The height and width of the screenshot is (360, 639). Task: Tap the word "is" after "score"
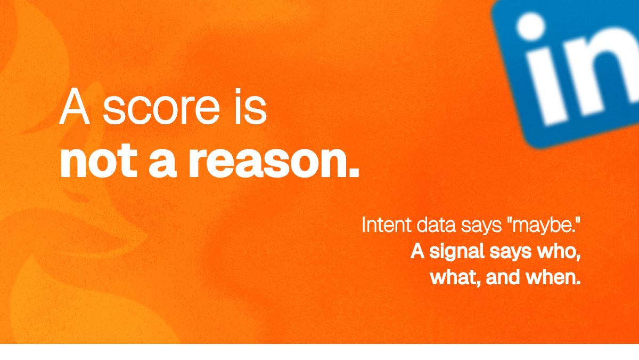[x=251, y=106]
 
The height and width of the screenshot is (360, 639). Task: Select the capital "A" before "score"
[x=75, y=106]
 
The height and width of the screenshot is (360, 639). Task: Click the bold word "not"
[x=99, y=161]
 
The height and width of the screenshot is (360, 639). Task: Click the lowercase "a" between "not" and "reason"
[x=162, y=163]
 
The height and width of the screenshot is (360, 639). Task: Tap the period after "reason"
[x=353, y=172]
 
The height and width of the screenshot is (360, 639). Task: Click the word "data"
[x=436, y=225]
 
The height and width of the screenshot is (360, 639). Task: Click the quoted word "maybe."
[x=544, y=226]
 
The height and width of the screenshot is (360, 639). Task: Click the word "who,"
[x=559, y=252]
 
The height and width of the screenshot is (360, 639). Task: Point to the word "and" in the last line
[x=503, y=277]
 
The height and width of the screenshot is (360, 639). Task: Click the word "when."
[x=553, y=277]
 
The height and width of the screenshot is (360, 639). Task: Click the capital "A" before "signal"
[x=417, y=251]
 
